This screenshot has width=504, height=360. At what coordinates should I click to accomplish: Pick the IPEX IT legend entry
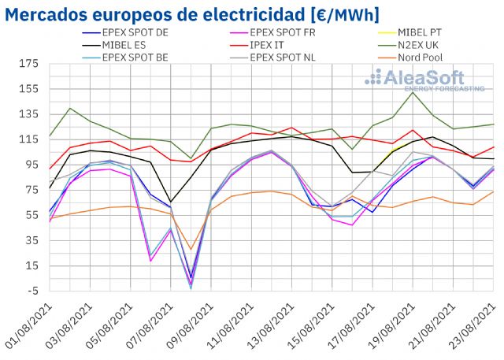(x=276, y=45)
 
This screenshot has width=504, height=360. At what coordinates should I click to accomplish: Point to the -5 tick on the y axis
(x=31, y=291)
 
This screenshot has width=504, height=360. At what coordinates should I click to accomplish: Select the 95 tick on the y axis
(x=30, y=165)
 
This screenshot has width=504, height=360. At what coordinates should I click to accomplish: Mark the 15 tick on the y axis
(x=30, y=265)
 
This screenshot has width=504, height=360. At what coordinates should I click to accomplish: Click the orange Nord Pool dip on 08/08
(x=191, y=250)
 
